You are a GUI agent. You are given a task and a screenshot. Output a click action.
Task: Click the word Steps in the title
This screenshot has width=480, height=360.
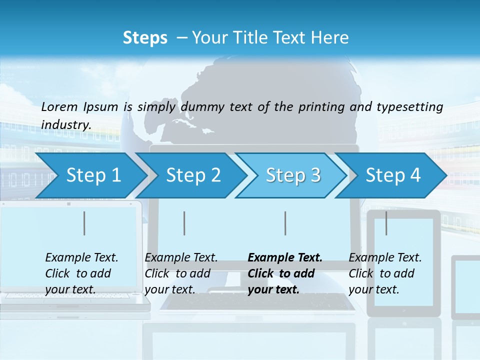click(145, 38)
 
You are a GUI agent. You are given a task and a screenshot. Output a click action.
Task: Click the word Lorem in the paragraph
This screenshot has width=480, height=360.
click(59, 106)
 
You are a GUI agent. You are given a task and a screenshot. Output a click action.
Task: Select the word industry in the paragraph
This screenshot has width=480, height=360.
click(66, 125)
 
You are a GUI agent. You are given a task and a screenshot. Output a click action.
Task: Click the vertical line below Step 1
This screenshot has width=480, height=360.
click(84, 223)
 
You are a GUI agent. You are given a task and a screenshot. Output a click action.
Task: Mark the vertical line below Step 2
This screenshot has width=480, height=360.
click(184, 223)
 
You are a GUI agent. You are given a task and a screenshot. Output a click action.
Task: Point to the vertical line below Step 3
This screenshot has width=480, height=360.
click(285, 223)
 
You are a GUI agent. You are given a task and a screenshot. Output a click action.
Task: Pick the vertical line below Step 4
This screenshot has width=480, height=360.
click(386, 223)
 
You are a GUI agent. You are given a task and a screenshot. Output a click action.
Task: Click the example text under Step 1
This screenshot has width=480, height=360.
click(81, 273)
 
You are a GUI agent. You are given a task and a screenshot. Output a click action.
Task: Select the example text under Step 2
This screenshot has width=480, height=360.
click(181, 273)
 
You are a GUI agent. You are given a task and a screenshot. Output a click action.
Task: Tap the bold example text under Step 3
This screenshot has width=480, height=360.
click(285, 273)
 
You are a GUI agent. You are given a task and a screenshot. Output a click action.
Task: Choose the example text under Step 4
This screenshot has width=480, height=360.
click(385, 273)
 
